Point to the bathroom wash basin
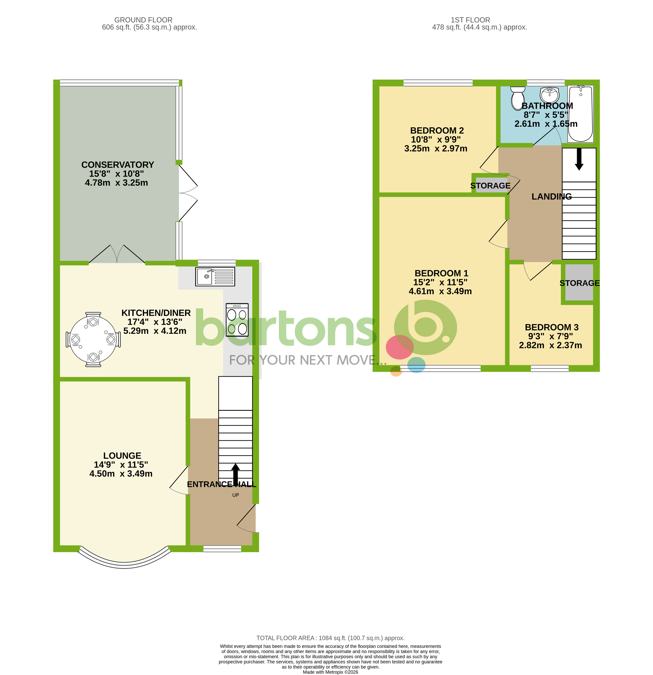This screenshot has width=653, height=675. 549,94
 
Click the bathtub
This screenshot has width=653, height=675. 580,114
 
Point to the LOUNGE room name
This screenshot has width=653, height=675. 122,456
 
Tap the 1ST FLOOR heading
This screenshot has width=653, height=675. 470,20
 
